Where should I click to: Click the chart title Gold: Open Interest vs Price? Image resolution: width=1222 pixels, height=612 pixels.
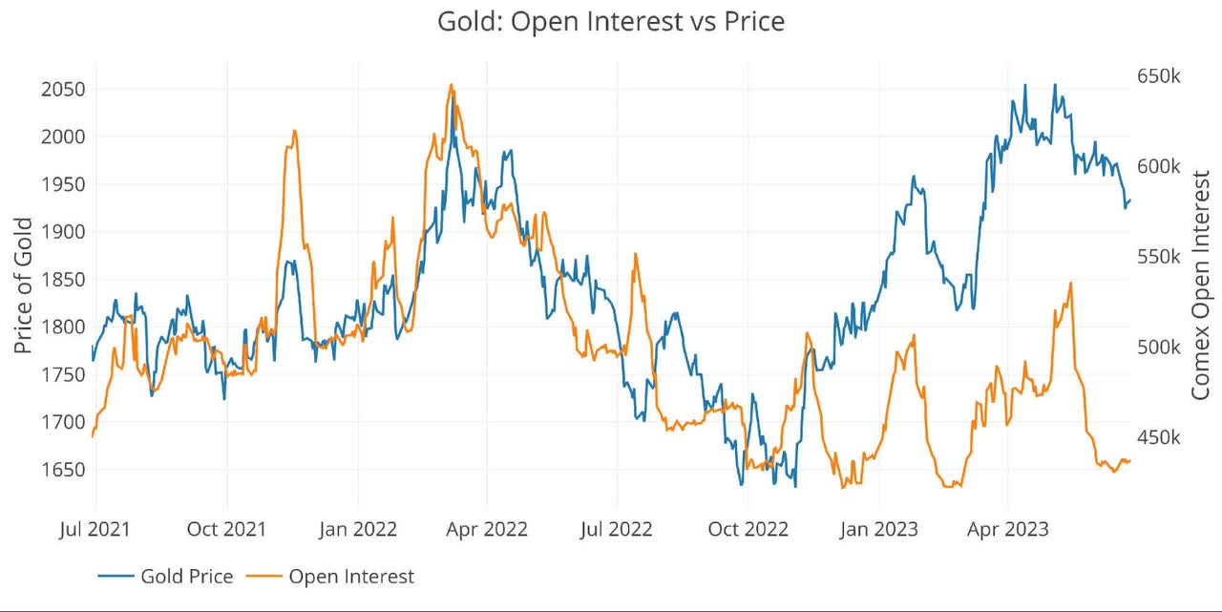611,21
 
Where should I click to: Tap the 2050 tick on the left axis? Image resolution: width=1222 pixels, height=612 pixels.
61,90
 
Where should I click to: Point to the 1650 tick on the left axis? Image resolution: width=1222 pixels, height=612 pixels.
61,470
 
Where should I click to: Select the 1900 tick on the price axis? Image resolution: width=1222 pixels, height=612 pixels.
61,232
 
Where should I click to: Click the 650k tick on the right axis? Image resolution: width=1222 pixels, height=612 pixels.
1159,76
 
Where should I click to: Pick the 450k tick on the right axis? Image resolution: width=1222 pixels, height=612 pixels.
1159,437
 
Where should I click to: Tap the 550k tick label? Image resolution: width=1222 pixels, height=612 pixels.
1159,257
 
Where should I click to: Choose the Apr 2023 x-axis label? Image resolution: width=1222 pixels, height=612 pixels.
1008,528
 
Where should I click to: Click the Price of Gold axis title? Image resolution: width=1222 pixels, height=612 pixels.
24,285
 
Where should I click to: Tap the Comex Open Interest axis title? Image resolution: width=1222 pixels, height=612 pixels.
1201,285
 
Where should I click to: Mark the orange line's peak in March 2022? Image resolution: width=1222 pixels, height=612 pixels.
452,85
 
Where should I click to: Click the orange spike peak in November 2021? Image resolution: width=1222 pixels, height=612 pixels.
294,131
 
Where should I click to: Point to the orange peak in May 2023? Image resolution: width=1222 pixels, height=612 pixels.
1071,283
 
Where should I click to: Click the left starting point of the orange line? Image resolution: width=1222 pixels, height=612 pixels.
93,436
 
